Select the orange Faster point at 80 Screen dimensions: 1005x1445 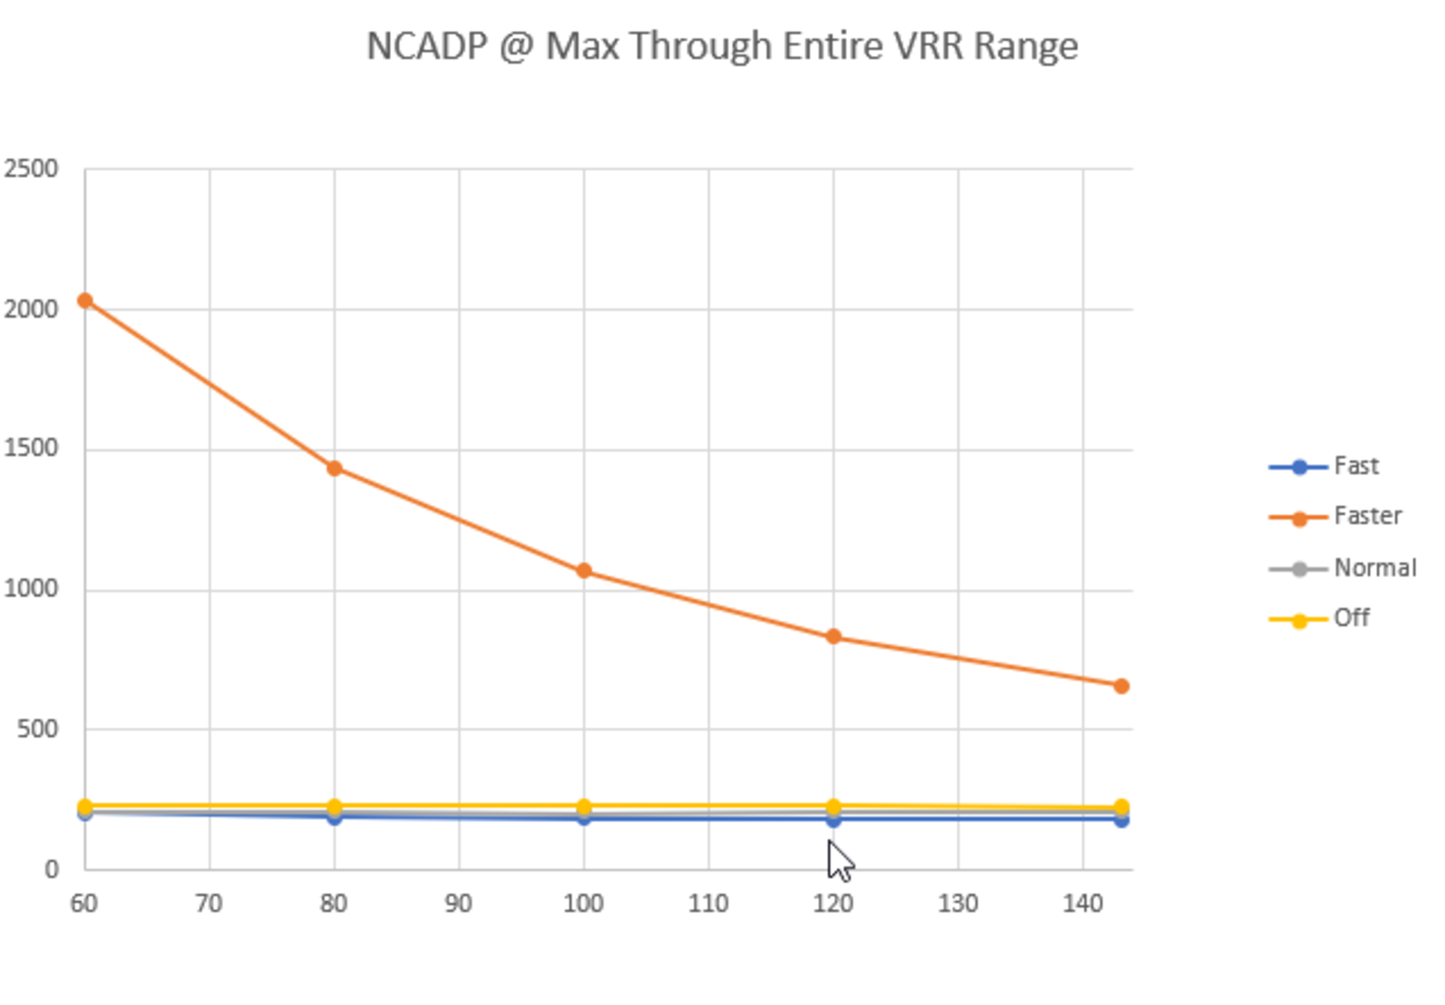(x=334, y=468)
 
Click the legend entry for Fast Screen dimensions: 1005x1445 (x=1356, y=466)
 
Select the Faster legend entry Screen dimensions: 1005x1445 (x=1367, y=516)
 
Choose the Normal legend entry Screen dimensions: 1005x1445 (x=1375, y=568)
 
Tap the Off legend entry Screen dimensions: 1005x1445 (x=1351, y=618)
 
